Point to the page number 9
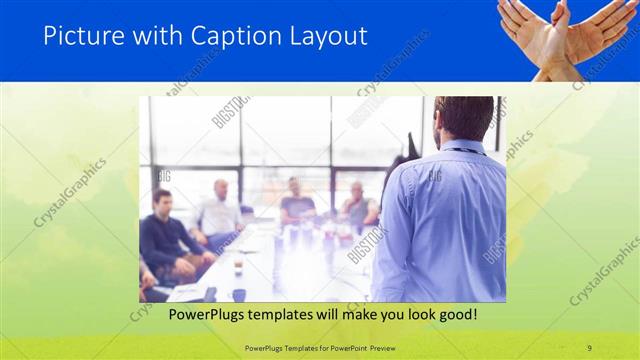[x=589, y=347]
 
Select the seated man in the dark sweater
[x=163, y=235]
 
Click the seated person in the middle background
[x=297, y=200]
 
